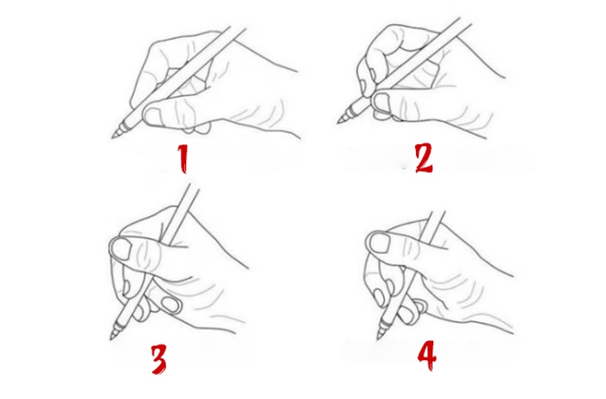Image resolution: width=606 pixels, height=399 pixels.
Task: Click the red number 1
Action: click(183, 157)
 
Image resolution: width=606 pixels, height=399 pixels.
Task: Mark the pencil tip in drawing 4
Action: click(381, 337)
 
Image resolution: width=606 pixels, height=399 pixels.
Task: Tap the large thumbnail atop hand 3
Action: click(121, 248)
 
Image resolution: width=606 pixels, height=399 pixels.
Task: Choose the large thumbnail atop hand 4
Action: click(380, 243)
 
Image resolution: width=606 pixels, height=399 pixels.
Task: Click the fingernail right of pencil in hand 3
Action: click(170, 304)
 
